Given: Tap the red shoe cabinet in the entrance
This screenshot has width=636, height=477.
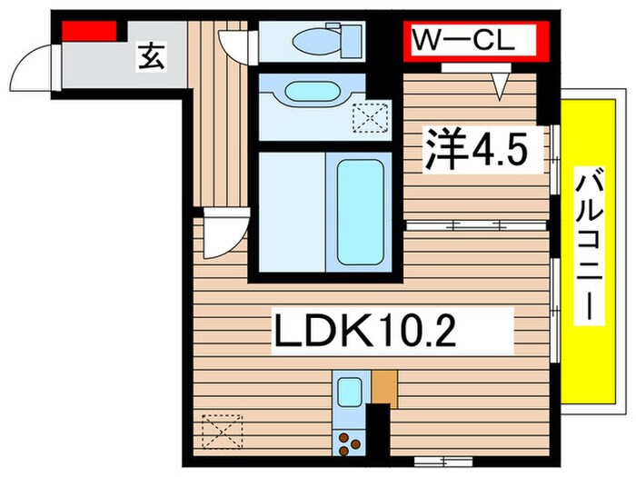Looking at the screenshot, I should pyautogui.click(x=90, y=30).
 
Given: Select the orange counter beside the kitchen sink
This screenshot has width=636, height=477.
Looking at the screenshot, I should pyautogui.click(x=383, y=389).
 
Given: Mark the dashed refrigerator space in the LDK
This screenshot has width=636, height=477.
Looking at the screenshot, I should pyautogui.click(x=224, y=430).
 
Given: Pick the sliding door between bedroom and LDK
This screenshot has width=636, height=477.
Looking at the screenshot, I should pyautogui.click(x=477, y=223).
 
